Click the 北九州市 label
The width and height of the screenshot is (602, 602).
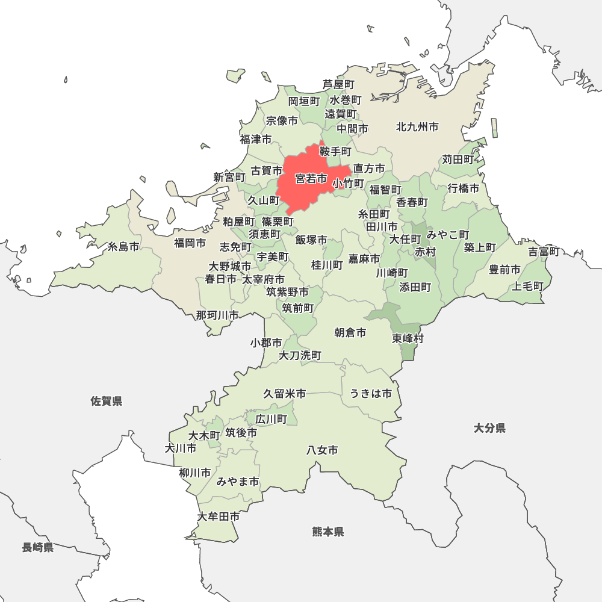coord(417,127)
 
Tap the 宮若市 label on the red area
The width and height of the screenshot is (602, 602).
coord(311,179)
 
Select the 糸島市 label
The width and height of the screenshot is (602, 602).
coord(123,247)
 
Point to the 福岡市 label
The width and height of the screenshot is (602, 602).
coord(190,243)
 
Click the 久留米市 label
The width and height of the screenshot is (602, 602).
coord(285,394)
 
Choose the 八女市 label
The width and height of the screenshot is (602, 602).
coord(322,450)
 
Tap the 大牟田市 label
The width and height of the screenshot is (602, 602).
coord(219,517)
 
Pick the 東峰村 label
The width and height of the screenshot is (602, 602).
coord(408,338)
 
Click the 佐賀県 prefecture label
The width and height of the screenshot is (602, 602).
coord(107,401)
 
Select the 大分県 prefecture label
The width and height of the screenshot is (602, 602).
coord(489,428)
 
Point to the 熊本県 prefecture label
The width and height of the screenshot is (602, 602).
coord(328,532)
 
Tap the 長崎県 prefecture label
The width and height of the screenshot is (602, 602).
coord(38,547)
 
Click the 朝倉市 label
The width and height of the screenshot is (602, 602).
coord(350,332)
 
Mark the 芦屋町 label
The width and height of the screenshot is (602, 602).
coord(338,84)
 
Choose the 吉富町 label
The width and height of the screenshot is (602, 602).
coord(544,252)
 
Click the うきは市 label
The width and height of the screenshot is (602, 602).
coord(371,394)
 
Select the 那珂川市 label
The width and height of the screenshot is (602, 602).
coord(217,315)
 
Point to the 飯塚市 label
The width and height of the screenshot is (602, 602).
coord(311,240)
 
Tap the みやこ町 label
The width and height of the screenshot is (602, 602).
coord(448,234)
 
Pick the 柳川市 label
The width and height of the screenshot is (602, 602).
coord(195,473)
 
